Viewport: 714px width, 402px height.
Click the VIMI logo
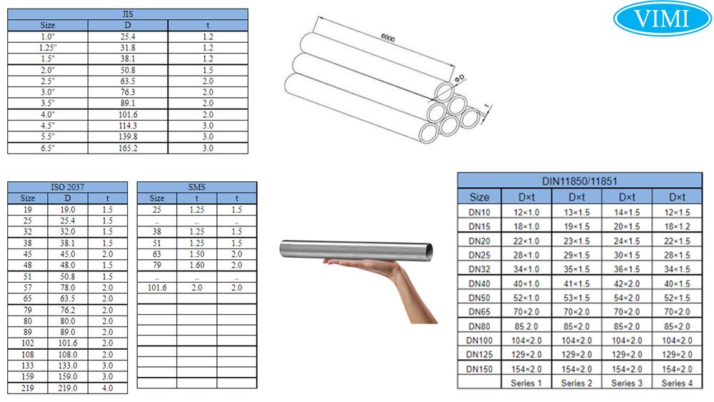point(662,19)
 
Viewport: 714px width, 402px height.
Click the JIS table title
point(128,14)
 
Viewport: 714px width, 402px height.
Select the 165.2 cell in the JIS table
point(128,148)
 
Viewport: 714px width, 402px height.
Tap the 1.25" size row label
point(48,48)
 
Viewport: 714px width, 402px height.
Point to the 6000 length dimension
point(388,39)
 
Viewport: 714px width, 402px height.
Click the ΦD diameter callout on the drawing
point(460,79)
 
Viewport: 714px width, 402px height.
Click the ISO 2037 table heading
point(67,187)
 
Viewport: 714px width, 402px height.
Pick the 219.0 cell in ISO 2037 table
point(67,388)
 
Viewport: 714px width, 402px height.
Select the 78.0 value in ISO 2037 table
point(67,288)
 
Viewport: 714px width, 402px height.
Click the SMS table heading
point(197,187)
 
